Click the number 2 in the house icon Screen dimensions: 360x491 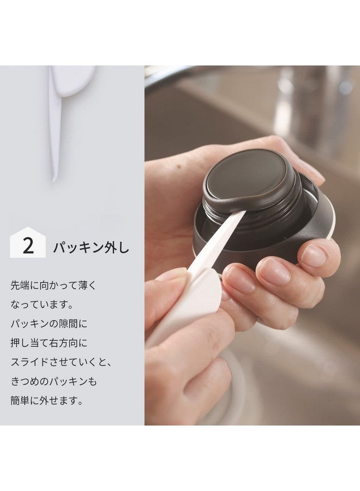click(28, 246)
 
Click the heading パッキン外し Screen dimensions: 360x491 click(91, 247)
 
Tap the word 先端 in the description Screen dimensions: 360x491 click(20, 285)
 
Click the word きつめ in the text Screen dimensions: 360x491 click(25, 381)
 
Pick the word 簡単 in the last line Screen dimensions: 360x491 click(20, 400)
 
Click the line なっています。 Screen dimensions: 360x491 click(41, 304)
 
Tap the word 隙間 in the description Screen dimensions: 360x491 click(68, 324)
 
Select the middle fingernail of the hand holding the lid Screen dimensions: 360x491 click(277, 271)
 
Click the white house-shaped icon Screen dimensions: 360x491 click(28, 242)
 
